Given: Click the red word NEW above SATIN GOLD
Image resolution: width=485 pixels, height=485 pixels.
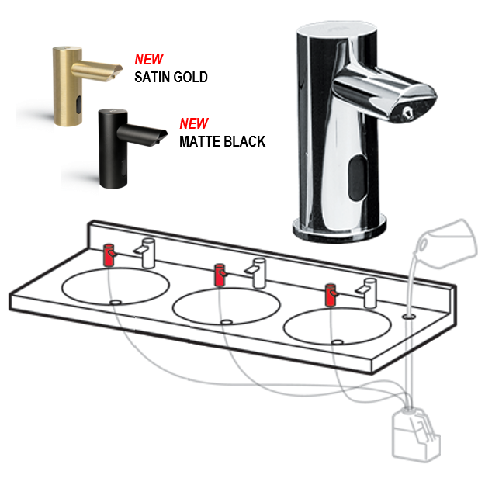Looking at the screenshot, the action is [x=149, y=59].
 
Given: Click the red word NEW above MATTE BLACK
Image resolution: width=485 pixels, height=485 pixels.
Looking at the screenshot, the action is [x=194, y=123].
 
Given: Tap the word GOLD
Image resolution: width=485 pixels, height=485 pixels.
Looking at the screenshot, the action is [x=190, y=78].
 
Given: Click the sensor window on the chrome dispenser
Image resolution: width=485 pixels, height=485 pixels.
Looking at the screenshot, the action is [x=358, y=178].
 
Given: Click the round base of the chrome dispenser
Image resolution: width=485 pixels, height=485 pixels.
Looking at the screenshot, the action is [x=339, y=230].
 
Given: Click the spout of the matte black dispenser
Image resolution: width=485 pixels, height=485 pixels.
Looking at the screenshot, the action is [x=142, y=134].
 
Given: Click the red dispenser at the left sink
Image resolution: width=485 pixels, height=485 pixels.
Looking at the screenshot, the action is [x=109, y=255].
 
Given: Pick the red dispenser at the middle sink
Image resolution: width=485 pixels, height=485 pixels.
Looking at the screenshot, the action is [x=220, y=275].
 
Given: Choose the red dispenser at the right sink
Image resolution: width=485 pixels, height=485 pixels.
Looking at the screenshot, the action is [x=331, y=294].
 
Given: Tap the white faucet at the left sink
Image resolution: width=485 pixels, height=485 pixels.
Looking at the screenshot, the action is [x=145, y=253].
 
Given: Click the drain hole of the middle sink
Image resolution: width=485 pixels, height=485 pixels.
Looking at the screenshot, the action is [x=227, y=322].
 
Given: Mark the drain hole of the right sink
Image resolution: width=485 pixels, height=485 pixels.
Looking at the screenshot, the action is [x=338, y=342].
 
